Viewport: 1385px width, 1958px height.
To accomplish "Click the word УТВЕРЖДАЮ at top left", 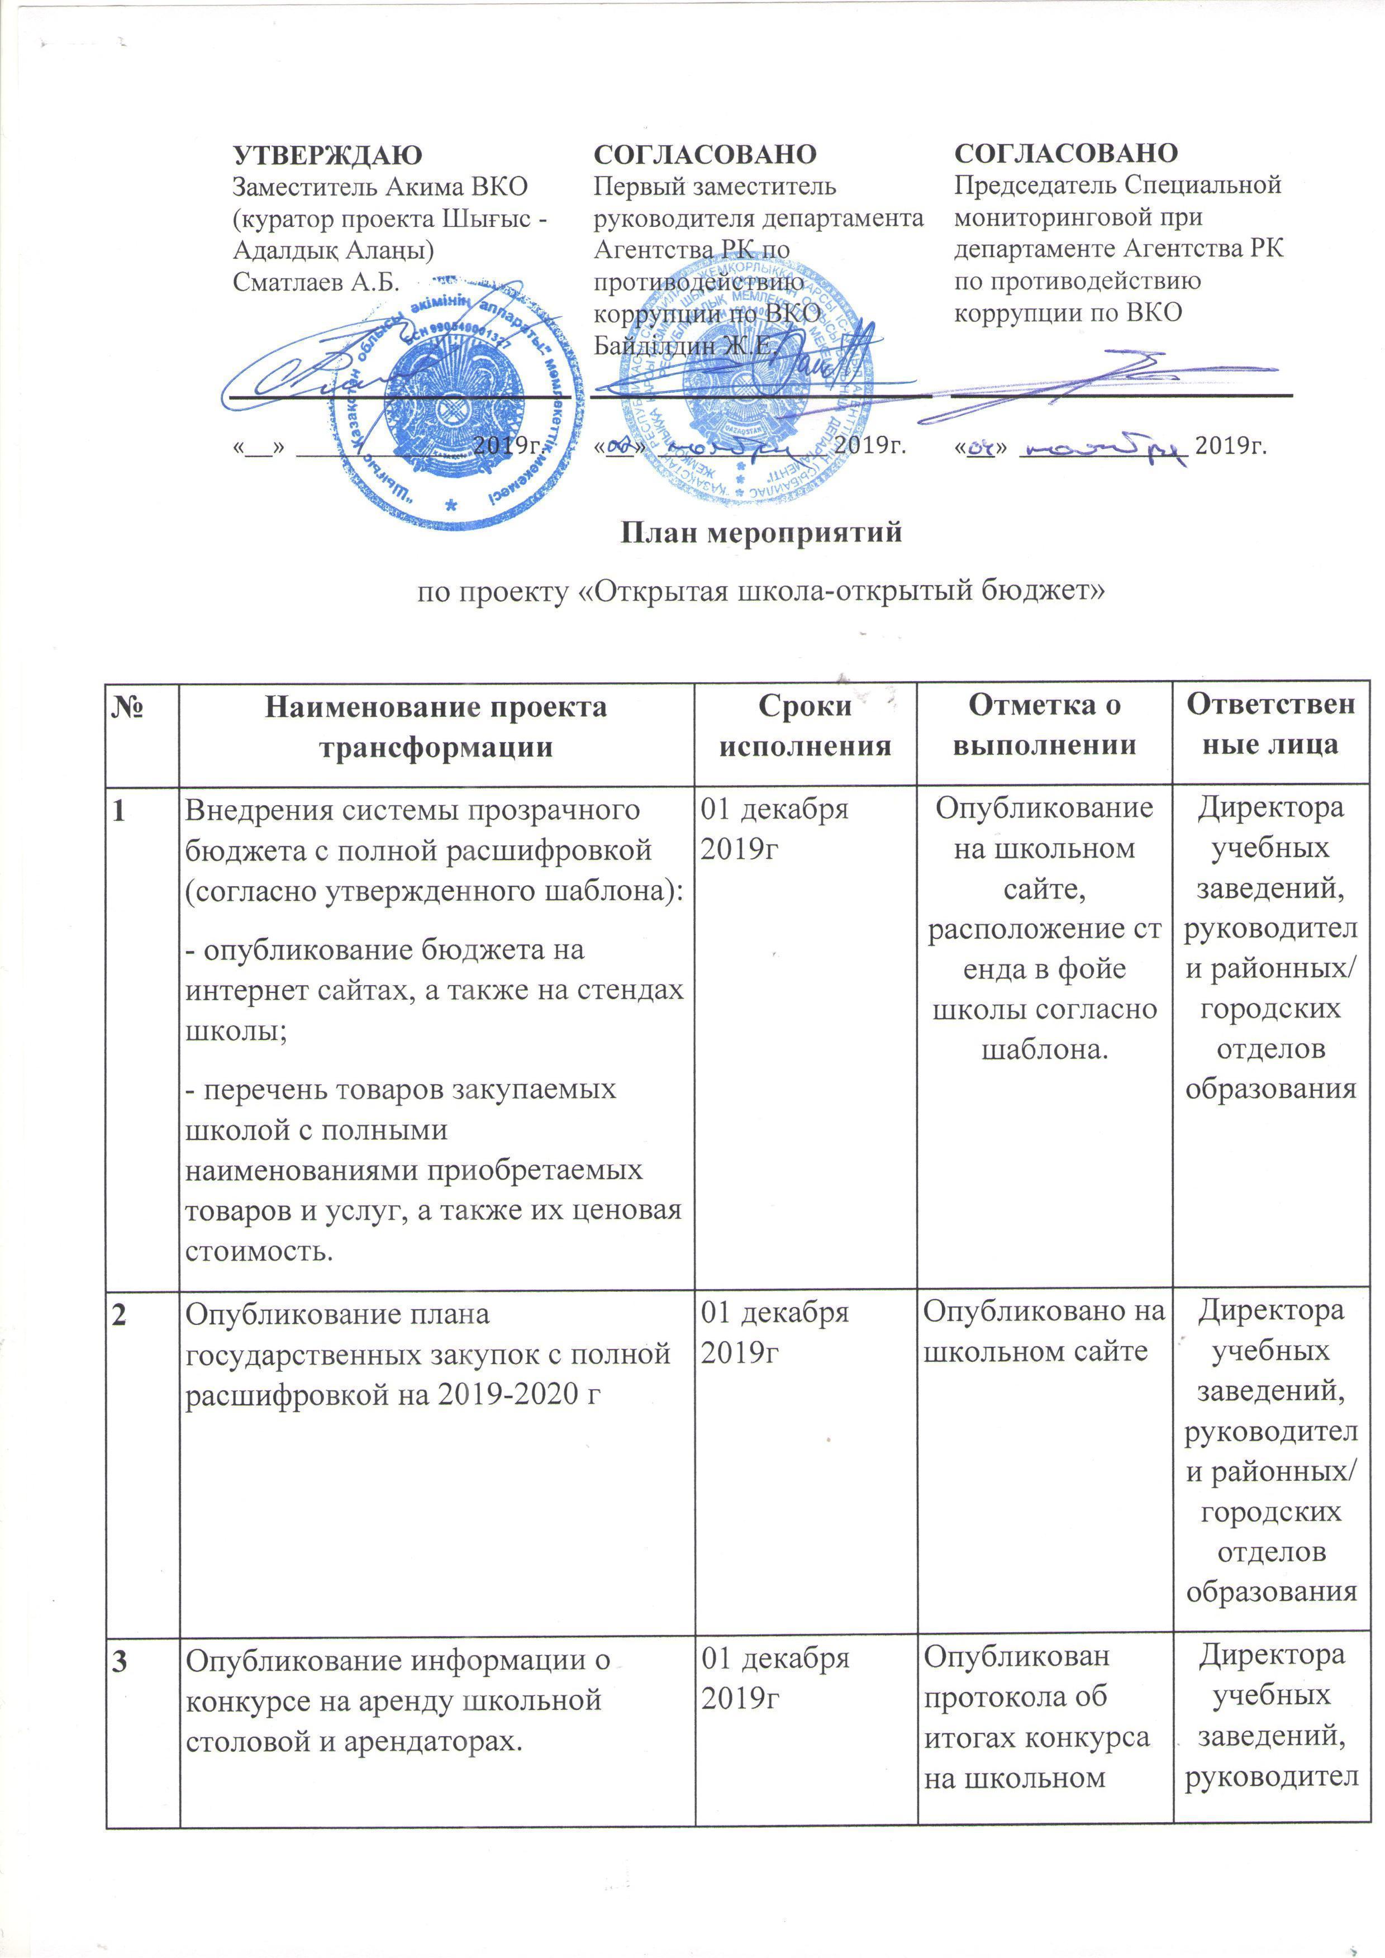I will (x=327, y=154).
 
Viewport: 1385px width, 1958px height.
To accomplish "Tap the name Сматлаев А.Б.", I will (x=316, y=282).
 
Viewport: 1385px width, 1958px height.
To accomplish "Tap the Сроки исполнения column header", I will (x=805, y=726).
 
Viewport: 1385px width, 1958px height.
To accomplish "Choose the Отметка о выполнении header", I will (x=1044, y=726).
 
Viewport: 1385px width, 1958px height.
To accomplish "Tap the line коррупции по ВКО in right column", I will (x=1068, y=313).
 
